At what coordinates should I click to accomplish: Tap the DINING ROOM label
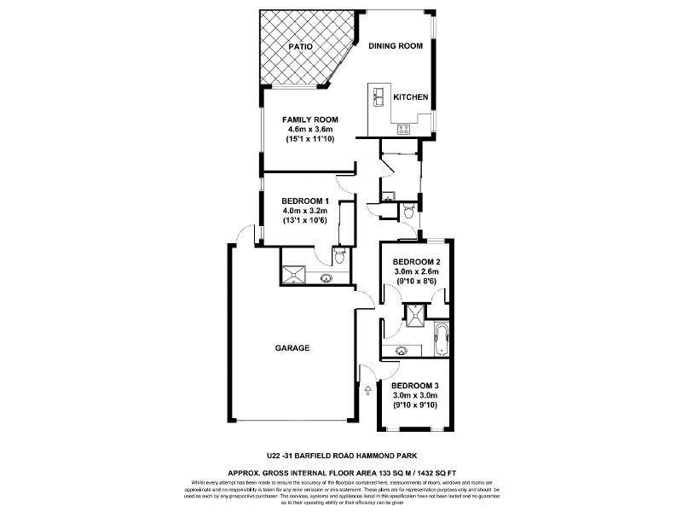pyautogui.click(x=396, y=47)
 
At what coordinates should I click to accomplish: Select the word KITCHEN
pyautogui.click(x=410, y=97)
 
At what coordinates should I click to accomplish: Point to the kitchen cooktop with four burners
pyautogui.click(x=403, y=130)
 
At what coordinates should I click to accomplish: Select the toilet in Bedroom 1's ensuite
pyautogui.click(x=339, y=257)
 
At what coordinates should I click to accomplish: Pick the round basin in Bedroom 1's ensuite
pyautogui.click(x=327, y=277)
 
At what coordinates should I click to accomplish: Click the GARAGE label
pyautogui.click(x=292, y=348)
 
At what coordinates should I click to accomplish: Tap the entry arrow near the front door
pyautogui.click(x=367, y=390)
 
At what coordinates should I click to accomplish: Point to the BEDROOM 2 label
pyautogui.click(x=416, y=262)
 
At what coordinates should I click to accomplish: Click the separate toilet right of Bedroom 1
pyautogui.click(x=408, y=208)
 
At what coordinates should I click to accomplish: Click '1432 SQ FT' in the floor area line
pyautogui.click(x=432, y=471)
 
